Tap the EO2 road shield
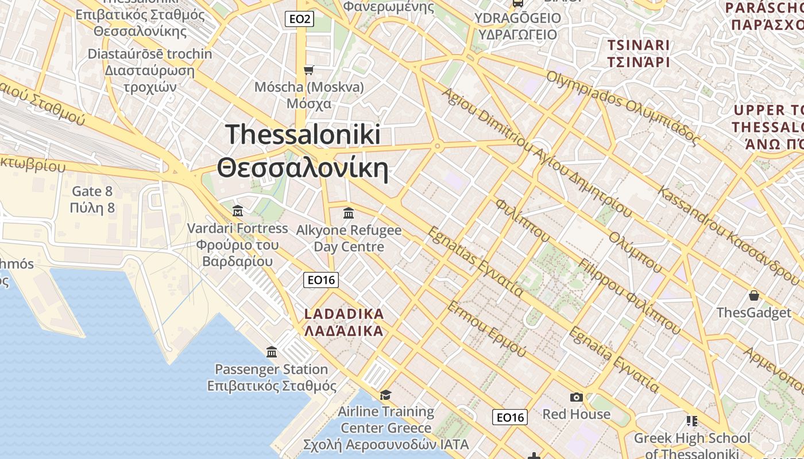(300, 19)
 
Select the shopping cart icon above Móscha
(309, 70)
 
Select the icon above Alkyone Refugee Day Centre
(348, 213)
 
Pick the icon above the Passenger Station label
(272, 352)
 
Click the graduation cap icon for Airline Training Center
(385, 395)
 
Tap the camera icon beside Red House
(577, 397)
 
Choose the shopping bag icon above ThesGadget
(753, 296)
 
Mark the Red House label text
(576, 414)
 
